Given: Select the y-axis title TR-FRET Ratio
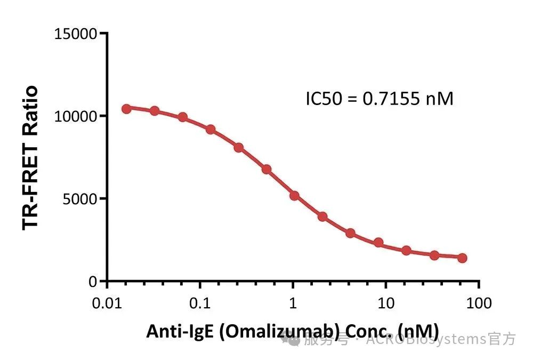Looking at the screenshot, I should pos(31,157).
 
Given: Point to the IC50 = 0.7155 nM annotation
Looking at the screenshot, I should pos(379,99).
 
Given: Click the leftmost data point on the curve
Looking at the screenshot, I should pos(126,109).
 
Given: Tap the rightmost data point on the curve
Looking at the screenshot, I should pos(462,258).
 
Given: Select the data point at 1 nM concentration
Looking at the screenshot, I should pos(294,196).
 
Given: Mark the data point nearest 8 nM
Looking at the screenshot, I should pos(378,243).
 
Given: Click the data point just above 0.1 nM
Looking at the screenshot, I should pos(211,130).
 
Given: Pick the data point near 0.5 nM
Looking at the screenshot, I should pos(266,170).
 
